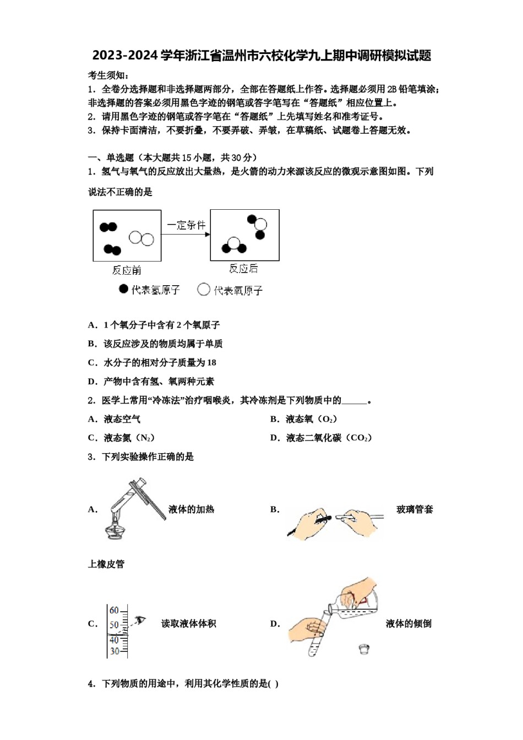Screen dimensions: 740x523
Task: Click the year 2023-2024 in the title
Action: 125,56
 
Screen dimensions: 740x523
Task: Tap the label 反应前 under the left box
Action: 127,270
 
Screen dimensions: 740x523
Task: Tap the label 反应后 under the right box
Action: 243,268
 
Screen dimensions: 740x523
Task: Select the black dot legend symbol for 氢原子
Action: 123,289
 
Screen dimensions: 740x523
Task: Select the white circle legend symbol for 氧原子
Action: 204,289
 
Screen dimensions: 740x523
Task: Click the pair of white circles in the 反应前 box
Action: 141,238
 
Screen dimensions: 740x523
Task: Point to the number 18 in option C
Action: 211,362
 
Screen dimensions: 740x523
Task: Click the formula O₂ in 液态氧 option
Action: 328,419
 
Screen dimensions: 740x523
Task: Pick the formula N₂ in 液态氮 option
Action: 145,438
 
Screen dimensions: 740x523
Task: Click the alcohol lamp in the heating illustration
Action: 115,530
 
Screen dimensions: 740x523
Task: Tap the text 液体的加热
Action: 191,509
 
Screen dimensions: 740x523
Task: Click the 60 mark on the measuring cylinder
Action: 114,610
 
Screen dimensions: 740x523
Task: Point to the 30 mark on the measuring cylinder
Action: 114,651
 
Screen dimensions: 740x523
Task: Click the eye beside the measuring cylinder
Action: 141,620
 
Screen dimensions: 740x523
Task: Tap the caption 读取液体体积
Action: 188,623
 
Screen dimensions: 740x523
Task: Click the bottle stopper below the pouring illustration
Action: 363,649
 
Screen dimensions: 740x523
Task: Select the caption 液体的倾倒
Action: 408,623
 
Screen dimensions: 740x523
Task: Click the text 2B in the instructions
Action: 391,89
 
